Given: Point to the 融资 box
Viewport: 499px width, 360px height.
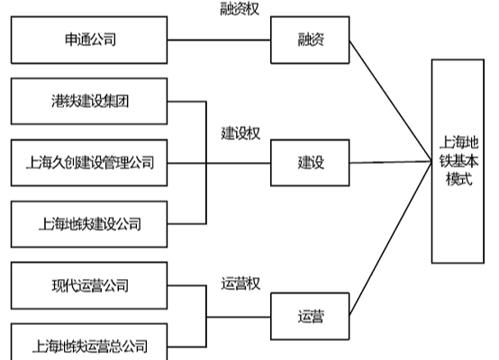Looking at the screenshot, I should click(x=311, y=40).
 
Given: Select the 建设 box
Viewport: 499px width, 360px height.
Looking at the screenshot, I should click(x=311, y=163).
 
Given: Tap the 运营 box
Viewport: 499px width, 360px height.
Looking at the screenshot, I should click(x=311, y=316).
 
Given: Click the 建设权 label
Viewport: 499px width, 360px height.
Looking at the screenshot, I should click(x=240, y=132).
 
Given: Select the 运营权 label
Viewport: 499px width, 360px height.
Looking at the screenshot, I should click(x=240, y=284).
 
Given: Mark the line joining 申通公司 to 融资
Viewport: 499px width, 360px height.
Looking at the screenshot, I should click(x=220, y=40).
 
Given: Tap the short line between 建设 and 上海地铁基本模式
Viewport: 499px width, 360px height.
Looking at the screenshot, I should click(x=390, y=163).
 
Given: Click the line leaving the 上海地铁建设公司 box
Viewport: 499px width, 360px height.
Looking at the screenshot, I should click(x=187, y=223).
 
